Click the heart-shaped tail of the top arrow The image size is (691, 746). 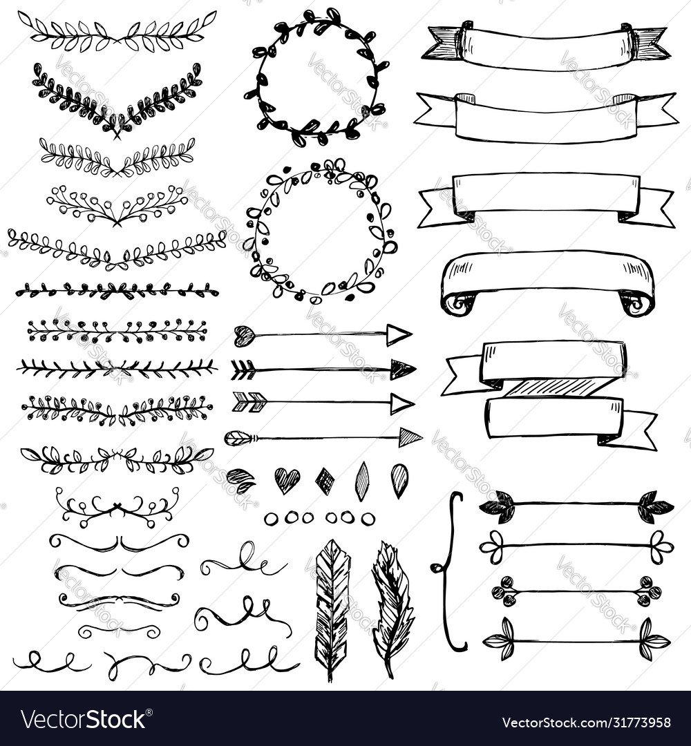(x=244, y=336)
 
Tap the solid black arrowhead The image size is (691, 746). (x=402, y=370)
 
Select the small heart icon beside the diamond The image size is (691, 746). (x=287, y=479)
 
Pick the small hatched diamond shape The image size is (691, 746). (x=325, y=481)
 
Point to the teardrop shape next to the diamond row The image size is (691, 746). (x=399, y=479)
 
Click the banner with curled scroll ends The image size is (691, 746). (x=547, y=280)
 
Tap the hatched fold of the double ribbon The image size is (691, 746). (x=553, y=388)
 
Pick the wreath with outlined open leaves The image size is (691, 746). (x=320, y=230)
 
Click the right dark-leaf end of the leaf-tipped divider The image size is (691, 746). (x=654, y=507)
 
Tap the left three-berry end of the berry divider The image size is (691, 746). (x=504, y=591)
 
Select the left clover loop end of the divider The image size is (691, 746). (x=493, y=547)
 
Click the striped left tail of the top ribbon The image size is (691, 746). (x=444, y=43)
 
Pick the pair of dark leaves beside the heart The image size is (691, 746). (x=240, y=479)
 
